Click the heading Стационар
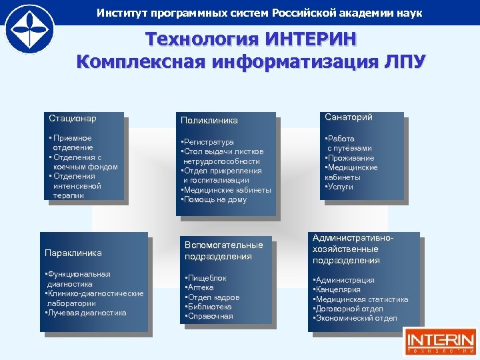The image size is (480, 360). click(73, 118)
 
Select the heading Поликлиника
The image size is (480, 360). click(209, 121)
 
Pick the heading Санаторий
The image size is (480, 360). click(349, 117)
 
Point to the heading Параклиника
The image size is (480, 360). click(73, 253)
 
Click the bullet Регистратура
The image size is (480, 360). click(208, 142)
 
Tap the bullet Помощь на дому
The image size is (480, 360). click(215, 199)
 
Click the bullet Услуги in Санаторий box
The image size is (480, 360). click(339, 187)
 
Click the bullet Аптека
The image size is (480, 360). click(201, 287)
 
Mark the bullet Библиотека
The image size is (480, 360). click(209, 307)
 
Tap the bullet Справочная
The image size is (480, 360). click(209, 316)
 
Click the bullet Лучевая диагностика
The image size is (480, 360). click(86, 313)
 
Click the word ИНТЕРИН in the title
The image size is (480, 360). click(311, 41)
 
